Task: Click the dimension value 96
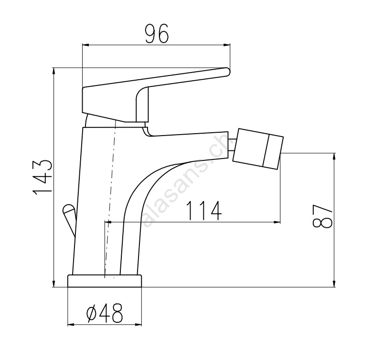157,33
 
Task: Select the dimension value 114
204,211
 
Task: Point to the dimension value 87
322,216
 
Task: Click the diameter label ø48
105,313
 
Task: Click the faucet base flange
105,281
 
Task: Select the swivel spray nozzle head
258,149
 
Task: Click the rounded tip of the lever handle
227,72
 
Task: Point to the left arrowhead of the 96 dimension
85,44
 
